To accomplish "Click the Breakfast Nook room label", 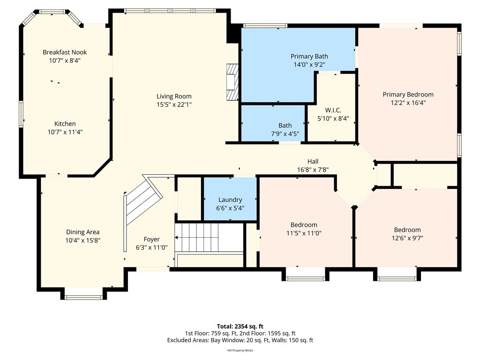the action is [x=65, y=52].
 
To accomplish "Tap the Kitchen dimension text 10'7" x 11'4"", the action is [x=65, y=132].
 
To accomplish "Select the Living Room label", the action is [x=174, y=97].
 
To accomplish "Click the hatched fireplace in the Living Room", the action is [x=232, y=82].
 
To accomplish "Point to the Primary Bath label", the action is [x=309, y=56].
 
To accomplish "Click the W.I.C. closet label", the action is [x=333, y=110].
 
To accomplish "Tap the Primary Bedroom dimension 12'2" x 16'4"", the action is [x=408, y=103].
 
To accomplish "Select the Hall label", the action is [x=313, y=161].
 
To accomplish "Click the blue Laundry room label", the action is [x=230, y=200].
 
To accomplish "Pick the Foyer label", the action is [x=151, y=240].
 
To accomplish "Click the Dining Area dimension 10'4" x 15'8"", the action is [x=82, y=240].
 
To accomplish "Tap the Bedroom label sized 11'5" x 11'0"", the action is [x=304, y=225].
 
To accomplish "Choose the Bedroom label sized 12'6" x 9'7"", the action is [x=407, y=230].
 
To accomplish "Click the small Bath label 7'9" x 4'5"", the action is [x=285, y=126].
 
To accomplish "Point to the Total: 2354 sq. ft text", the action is [x=240, y=326].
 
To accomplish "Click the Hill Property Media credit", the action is [x=240, y=351].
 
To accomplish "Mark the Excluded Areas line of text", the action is [x=240, y=340].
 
